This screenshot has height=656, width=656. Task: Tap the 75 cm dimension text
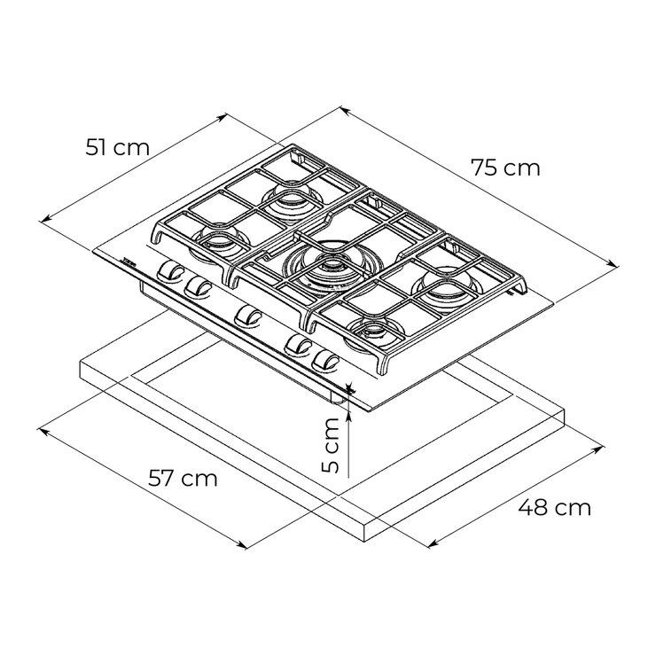[x=505, y=168]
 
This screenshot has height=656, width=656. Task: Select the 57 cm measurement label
[x=183, y=479]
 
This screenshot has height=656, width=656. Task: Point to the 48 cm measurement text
[x=554, y=508]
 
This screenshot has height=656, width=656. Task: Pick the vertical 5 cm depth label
[x=330, y=446]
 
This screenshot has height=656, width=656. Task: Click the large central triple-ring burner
[x=334, y=263]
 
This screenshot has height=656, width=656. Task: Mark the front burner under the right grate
[x=376, y=332]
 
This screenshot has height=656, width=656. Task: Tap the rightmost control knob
[x=326, y=360]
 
